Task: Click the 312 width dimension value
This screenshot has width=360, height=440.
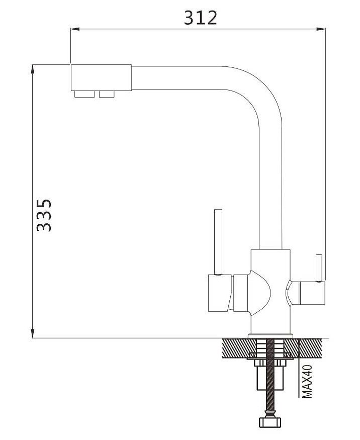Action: pos(200,18)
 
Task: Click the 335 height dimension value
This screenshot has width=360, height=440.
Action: pos(44,215)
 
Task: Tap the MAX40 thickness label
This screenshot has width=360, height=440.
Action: pos(308,381)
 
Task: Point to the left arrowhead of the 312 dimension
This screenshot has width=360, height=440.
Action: pos(75,29)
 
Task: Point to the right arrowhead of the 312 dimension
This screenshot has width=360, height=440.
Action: pos(321,29)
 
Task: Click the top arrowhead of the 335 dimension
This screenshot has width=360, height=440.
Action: pos(33,69)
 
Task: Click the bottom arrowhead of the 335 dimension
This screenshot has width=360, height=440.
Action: pos(33,334)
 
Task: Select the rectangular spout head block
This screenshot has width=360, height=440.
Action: pos(101,78)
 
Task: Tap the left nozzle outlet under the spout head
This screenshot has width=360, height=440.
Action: pos(84,95)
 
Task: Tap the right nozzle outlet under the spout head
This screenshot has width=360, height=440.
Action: pos(107,95)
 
